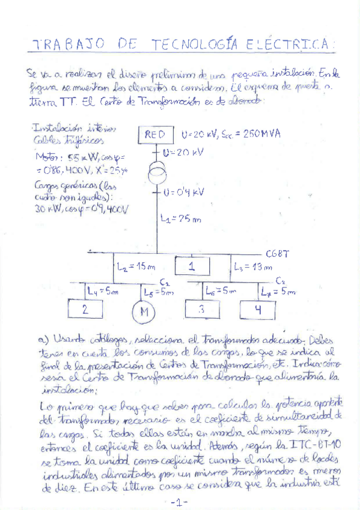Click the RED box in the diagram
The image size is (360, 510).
(155, 135)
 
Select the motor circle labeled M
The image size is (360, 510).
(143, 312)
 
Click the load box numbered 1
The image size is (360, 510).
(192, 266)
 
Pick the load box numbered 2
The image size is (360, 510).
(86, 310)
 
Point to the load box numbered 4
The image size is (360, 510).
(257, 310)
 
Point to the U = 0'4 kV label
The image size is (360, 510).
(185, 192)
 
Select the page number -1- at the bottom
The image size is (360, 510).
(179, 502)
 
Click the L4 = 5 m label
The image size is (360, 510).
(102, 292)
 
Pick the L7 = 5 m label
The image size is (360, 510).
(279, 292)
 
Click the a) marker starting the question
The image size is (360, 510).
(42, 340)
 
